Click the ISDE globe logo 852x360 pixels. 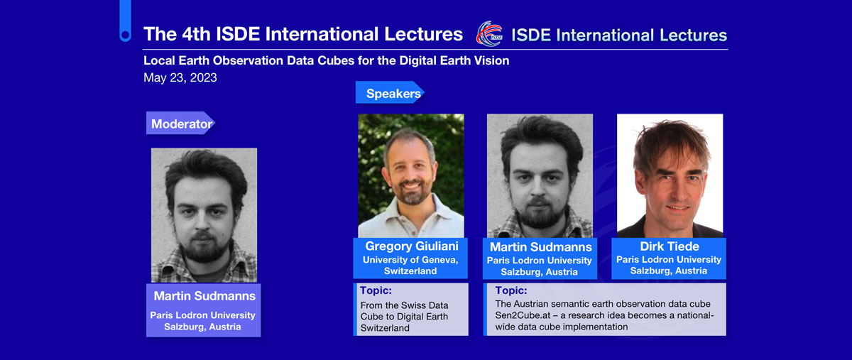[x=489, y=33]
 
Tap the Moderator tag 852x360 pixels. [x=180, y=123]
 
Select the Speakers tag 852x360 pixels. [x=390, y=92]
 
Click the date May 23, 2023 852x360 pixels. [x=180, y=77]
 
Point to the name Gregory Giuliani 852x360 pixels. [x=412, y=246]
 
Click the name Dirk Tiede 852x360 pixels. [x=670, y=246]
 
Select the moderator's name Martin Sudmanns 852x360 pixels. [x=204, y=296]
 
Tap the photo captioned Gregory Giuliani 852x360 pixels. [x=411, y=176]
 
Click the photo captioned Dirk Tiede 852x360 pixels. [x=670, y=176]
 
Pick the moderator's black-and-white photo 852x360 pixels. [x=204, y=215]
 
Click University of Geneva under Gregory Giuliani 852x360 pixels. [x=410, y=260]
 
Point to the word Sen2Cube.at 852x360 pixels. [x=523, y=315]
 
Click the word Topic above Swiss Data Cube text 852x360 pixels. [x=376, y=290]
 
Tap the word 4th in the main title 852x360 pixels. [x=196, y=34]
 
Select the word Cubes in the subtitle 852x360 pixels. [x=334, y=60]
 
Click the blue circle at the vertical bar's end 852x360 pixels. [x=125, y=36]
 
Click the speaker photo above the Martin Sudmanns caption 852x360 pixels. [x=540, y=176]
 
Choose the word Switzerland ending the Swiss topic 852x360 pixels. [x=385, y=328]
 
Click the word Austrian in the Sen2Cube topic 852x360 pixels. [x=529, y=304]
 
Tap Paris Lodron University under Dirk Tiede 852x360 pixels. [x=669, y=260]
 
